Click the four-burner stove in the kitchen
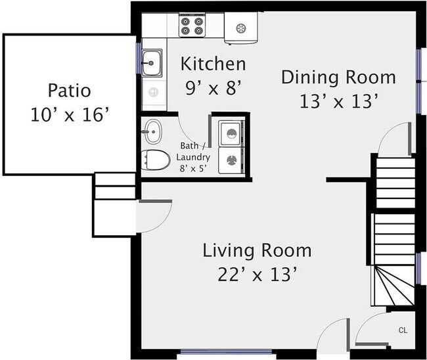tap(192, 26)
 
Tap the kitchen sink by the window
tap(152, 63)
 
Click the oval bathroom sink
tap(152, 132)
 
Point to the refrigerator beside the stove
tap(241, 28)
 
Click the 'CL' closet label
tap(403, 330)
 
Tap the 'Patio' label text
tap(70, 91)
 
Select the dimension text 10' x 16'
tap(70, 115)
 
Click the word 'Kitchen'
tap(213, 64)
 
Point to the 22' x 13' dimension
tap(257, 275)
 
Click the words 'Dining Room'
tap(338, 78)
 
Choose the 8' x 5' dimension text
tap(193, 169)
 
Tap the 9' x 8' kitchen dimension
tap(213, 87)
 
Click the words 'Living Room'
tap(257, 250)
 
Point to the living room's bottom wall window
tap(226, 351)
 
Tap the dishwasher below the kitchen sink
tap(154, 93)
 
